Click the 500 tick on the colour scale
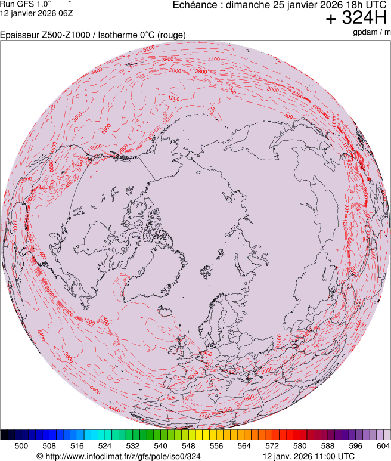tap(21, 445)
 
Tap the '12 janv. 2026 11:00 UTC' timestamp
tap(309, 456)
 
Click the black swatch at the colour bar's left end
tap(8, 435)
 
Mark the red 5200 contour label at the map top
tap(149, 48)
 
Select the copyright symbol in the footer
tap(40, 456)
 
